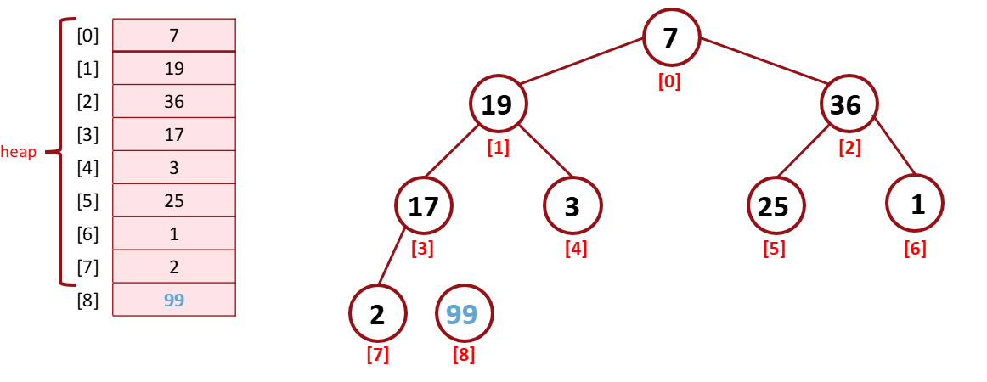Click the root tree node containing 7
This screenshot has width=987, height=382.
671,38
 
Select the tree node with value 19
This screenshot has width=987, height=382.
498,104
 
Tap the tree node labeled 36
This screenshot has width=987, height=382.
848,104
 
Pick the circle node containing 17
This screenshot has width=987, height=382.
423,206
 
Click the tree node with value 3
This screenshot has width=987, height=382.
572,206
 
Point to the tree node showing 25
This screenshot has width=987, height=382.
775,206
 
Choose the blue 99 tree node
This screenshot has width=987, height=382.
463,314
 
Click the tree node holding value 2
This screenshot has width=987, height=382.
377,314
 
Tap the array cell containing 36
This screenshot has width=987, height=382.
173,101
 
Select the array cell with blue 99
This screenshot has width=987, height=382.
173,300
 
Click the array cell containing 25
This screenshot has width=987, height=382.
173,200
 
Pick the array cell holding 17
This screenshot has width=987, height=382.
173,134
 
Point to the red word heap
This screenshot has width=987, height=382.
19,153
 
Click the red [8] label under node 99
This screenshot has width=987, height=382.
464,354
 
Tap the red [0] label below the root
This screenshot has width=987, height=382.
669,81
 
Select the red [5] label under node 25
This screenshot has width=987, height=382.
774,249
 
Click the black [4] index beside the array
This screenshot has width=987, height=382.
87,167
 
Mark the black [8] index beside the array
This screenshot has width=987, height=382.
87,300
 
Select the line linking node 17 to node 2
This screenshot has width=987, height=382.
391,259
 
